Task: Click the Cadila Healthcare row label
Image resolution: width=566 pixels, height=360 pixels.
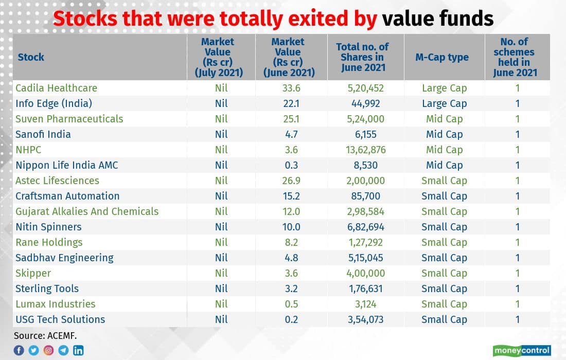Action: point(56,88)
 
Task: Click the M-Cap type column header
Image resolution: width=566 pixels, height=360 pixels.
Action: point(442,57)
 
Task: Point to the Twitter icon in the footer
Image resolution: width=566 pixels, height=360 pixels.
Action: point(33,350)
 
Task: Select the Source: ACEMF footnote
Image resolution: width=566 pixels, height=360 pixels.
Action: point(45,336)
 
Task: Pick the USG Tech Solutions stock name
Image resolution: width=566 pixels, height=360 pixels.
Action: point(60,319)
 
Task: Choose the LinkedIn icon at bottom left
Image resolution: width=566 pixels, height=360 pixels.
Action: point(78,350)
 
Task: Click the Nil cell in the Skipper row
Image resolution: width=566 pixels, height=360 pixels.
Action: point(221,273)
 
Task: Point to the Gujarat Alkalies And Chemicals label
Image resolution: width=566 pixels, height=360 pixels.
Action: point(87,211)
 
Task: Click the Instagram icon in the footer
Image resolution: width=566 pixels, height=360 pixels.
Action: point(48,350)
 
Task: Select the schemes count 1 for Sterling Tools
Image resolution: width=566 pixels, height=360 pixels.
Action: point(518,289)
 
